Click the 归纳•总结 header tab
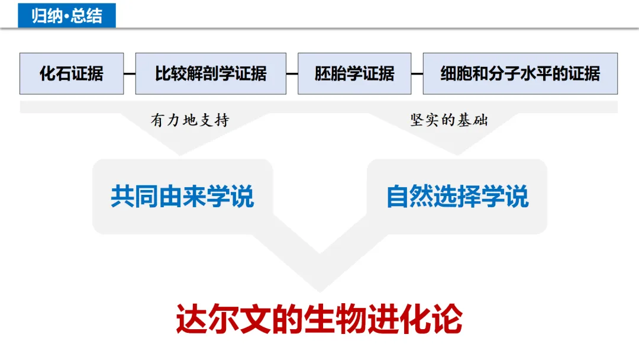(x=67, y=15)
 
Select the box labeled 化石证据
(x=72, y=73)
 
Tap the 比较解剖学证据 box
(x=211, y=73)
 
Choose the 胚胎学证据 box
(x=354, y=73)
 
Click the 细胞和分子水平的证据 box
(x=520, y=73)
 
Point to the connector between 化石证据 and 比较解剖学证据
(x=130, y=74)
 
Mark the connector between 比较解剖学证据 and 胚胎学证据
(x=292, y=74)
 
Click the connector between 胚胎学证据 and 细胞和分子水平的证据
(x=417, y=74)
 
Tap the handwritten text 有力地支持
(x=189, y=121)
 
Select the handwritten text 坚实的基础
(x=449, y=120)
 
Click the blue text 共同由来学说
(x=182, y=197)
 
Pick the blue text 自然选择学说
(x=457, y=197)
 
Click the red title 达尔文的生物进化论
(x=319, y=320)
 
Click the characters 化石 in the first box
(x=55, y=73)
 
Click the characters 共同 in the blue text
(x=134, y=197)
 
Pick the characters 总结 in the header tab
(x=86, y=15)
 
